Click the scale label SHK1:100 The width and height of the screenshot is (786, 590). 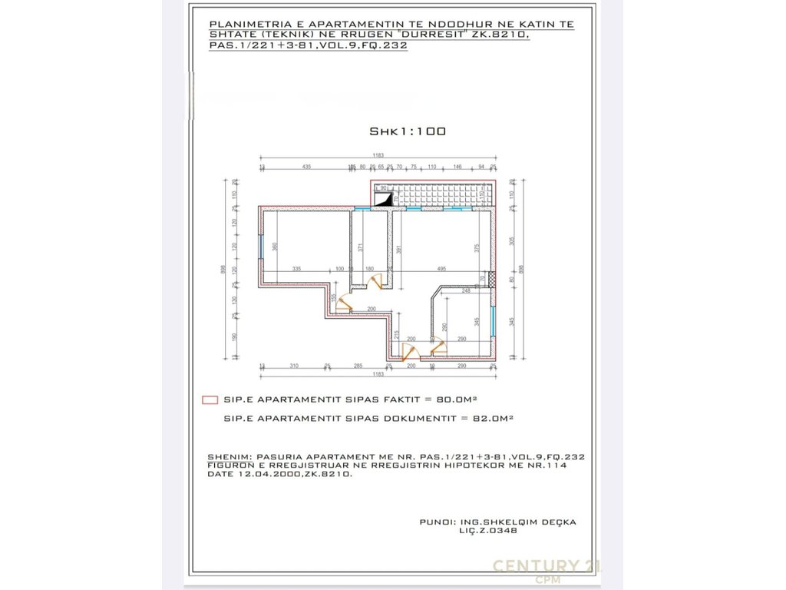pos(408,131)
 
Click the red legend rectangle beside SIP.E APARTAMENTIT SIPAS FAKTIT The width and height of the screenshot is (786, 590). pos(207,399)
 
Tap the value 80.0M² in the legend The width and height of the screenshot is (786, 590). pos(457,399)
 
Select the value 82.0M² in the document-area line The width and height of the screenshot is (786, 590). pos(493,419)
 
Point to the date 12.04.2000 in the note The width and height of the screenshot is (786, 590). pos(258,474)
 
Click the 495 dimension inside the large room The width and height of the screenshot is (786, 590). pos(441,269)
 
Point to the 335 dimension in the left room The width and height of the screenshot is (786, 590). pos(296,269)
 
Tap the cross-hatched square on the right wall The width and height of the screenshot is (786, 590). pos(492,278)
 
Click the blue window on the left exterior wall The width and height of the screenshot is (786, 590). pos(261,247)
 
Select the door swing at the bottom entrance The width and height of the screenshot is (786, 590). pos(411,351)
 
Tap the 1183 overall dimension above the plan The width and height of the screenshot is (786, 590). pos(378,156)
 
